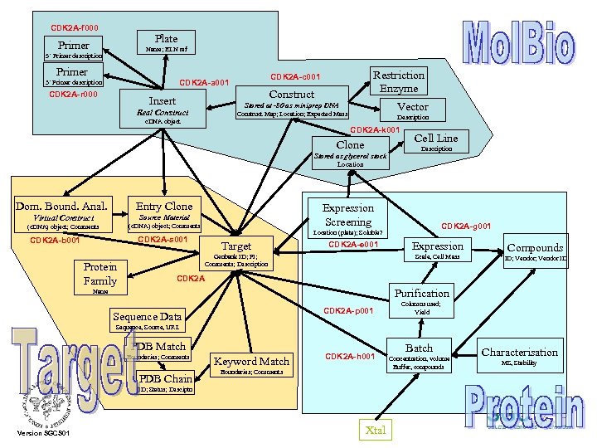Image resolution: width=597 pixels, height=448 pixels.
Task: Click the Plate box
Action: pos(166,38)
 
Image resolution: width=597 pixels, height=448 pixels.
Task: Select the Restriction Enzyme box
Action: pos(399,81)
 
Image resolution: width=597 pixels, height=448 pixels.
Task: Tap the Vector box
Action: pos(413,107)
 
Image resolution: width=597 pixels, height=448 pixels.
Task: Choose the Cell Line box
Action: pos(436,138)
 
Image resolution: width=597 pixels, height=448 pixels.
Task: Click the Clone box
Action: pos(350,145)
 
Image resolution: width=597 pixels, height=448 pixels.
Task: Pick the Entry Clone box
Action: pos(164,207)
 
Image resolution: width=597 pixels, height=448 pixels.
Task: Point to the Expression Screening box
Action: pos(348,215)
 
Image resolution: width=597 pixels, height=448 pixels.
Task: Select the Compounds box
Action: pos(535,248)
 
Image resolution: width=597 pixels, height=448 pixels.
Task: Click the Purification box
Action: pos(422,293)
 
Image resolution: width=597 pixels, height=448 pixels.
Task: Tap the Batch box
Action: pos(419,348)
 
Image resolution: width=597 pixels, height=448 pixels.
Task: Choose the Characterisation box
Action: pos(520,353)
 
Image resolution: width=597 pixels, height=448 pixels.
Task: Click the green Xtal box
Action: pos(373,430)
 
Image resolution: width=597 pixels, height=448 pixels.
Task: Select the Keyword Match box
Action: pos(251,362)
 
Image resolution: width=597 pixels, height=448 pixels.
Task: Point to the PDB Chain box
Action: pos(169,379)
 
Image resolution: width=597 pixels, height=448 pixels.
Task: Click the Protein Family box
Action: pos(100,274)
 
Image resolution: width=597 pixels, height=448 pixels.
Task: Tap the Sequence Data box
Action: pos(147,316)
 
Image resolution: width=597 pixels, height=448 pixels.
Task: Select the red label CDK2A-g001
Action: pos(466,226)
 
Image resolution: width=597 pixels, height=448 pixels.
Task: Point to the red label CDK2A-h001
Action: pos(350,357)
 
